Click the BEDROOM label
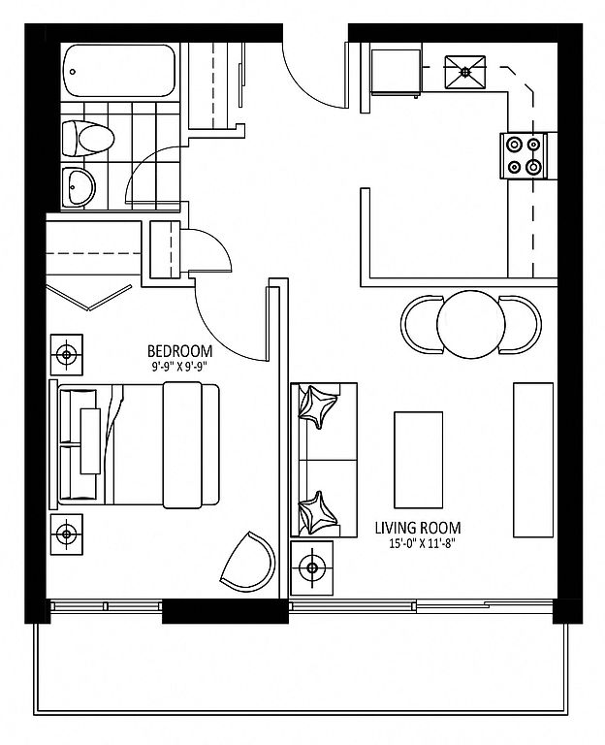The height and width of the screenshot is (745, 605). tap(180, 351)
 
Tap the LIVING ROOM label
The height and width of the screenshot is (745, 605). tap(418, 528)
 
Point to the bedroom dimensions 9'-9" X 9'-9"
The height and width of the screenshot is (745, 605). tap(180, 366)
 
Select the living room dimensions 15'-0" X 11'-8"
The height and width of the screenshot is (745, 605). tap(419, 544)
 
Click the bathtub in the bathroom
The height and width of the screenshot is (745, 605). tap(119, 70)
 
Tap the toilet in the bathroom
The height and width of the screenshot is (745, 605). tap(88, 139)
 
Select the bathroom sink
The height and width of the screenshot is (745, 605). tap(79, 186)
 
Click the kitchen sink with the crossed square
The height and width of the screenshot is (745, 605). tap(465, 72)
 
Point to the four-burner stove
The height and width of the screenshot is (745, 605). tap(524, 156)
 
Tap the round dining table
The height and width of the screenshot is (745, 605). tap(471, 325)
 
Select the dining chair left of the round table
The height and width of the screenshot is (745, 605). tap(422, 325)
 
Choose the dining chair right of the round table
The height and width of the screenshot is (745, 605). tap(520, 325)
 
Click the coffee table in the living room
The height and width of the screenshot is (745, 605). tap(419, 460)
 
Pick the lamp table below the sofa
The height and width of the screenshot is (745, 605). tap(311, 567)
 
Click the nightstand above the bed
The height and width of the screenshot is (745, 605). tap(67, 354)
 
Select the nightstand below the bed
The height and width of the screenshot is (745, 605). tap(67, 534)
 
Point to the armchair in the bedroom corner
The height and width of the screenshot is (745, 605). tap(248, 562)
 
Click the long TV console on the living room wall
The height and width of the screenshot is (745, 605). tap(533, 460)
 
